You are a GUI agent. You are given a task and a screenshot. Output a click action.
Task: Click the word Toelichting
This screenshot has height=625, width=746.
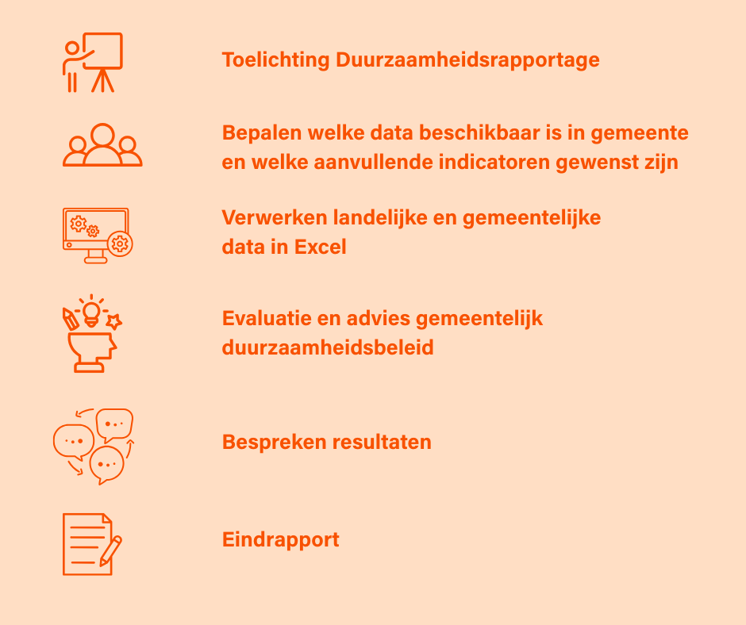coord(275,60)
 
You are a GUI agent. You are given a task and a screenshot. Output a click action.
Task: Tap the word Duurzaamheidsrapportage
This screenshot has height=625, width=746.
coord(467,60)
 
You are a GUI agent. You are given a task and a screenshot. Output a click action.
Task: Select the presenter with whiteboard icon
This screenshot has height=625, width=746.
coord(93,63)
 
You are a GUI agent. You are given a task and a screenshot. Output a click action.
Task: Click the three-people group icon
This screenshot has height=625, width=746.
coord(102,145)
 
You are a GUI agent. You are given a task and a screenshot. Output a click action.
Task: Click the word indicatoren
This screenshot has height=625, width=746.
coord(494,162)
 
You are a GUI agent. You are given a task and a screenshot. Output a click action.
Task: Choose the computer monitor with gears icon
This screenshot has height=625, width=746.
coord(98,236)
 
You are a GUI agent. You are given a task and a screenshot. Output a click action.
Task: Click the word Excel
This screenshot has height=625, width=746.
coord(320,247)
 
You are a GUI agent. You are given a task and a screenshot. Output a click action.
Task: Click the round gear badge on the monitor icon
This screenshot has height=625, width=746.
coord(119,244)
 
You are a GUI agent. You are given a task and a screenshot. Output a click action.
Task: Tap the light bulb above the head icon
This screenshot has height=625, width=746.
coord(91,313)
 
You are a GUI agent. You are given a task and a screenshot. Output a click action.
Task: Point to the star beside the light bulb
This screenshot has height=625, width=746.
coord(113,321)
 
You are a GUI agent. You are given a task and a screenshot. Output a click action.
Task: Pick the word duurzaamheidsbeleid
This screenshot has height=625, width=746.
coord(328,347)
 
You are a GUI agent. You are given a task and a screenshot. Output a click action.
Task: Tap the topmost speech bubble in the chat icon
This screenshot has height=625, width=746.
coord(114,424)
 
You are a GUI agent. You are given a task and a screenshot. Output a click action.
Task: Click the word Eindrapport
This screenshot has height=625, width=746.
coord(281,540)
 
